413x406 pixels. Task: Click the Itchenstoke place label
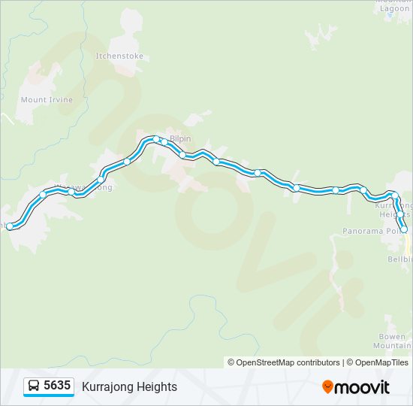click(119, 56)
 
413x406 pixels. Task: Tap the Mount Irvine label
click(47, 100)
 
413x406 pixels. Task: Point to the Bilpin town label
click(181, 139)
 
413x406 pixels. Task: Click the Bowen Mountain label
click(392, 341)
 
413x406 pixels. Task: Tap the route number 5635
click(57, 386)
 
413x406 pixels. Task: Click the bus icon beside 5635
click(34, 386)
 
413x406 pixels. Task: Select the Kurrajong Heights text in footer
click(129, 386)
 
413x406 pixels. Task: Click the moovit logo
click(356, 387)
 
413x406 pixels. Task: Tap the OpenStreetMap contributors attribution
click(284, 362)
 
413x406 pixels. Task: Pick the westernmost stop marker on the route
click(10, 226)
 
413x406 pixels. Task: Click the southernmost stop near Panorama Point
click(404, 230)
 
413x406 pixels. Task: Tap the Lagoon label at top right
click(395, 9)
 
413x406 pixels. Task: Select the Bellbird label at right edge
click(399, 259)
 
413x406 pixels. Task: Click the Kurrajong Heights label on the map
click(393, 210)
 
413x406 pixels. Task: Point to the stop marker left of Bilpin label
click(156, 139)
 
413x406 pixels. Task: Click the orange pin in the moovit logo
click(327, 387)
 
